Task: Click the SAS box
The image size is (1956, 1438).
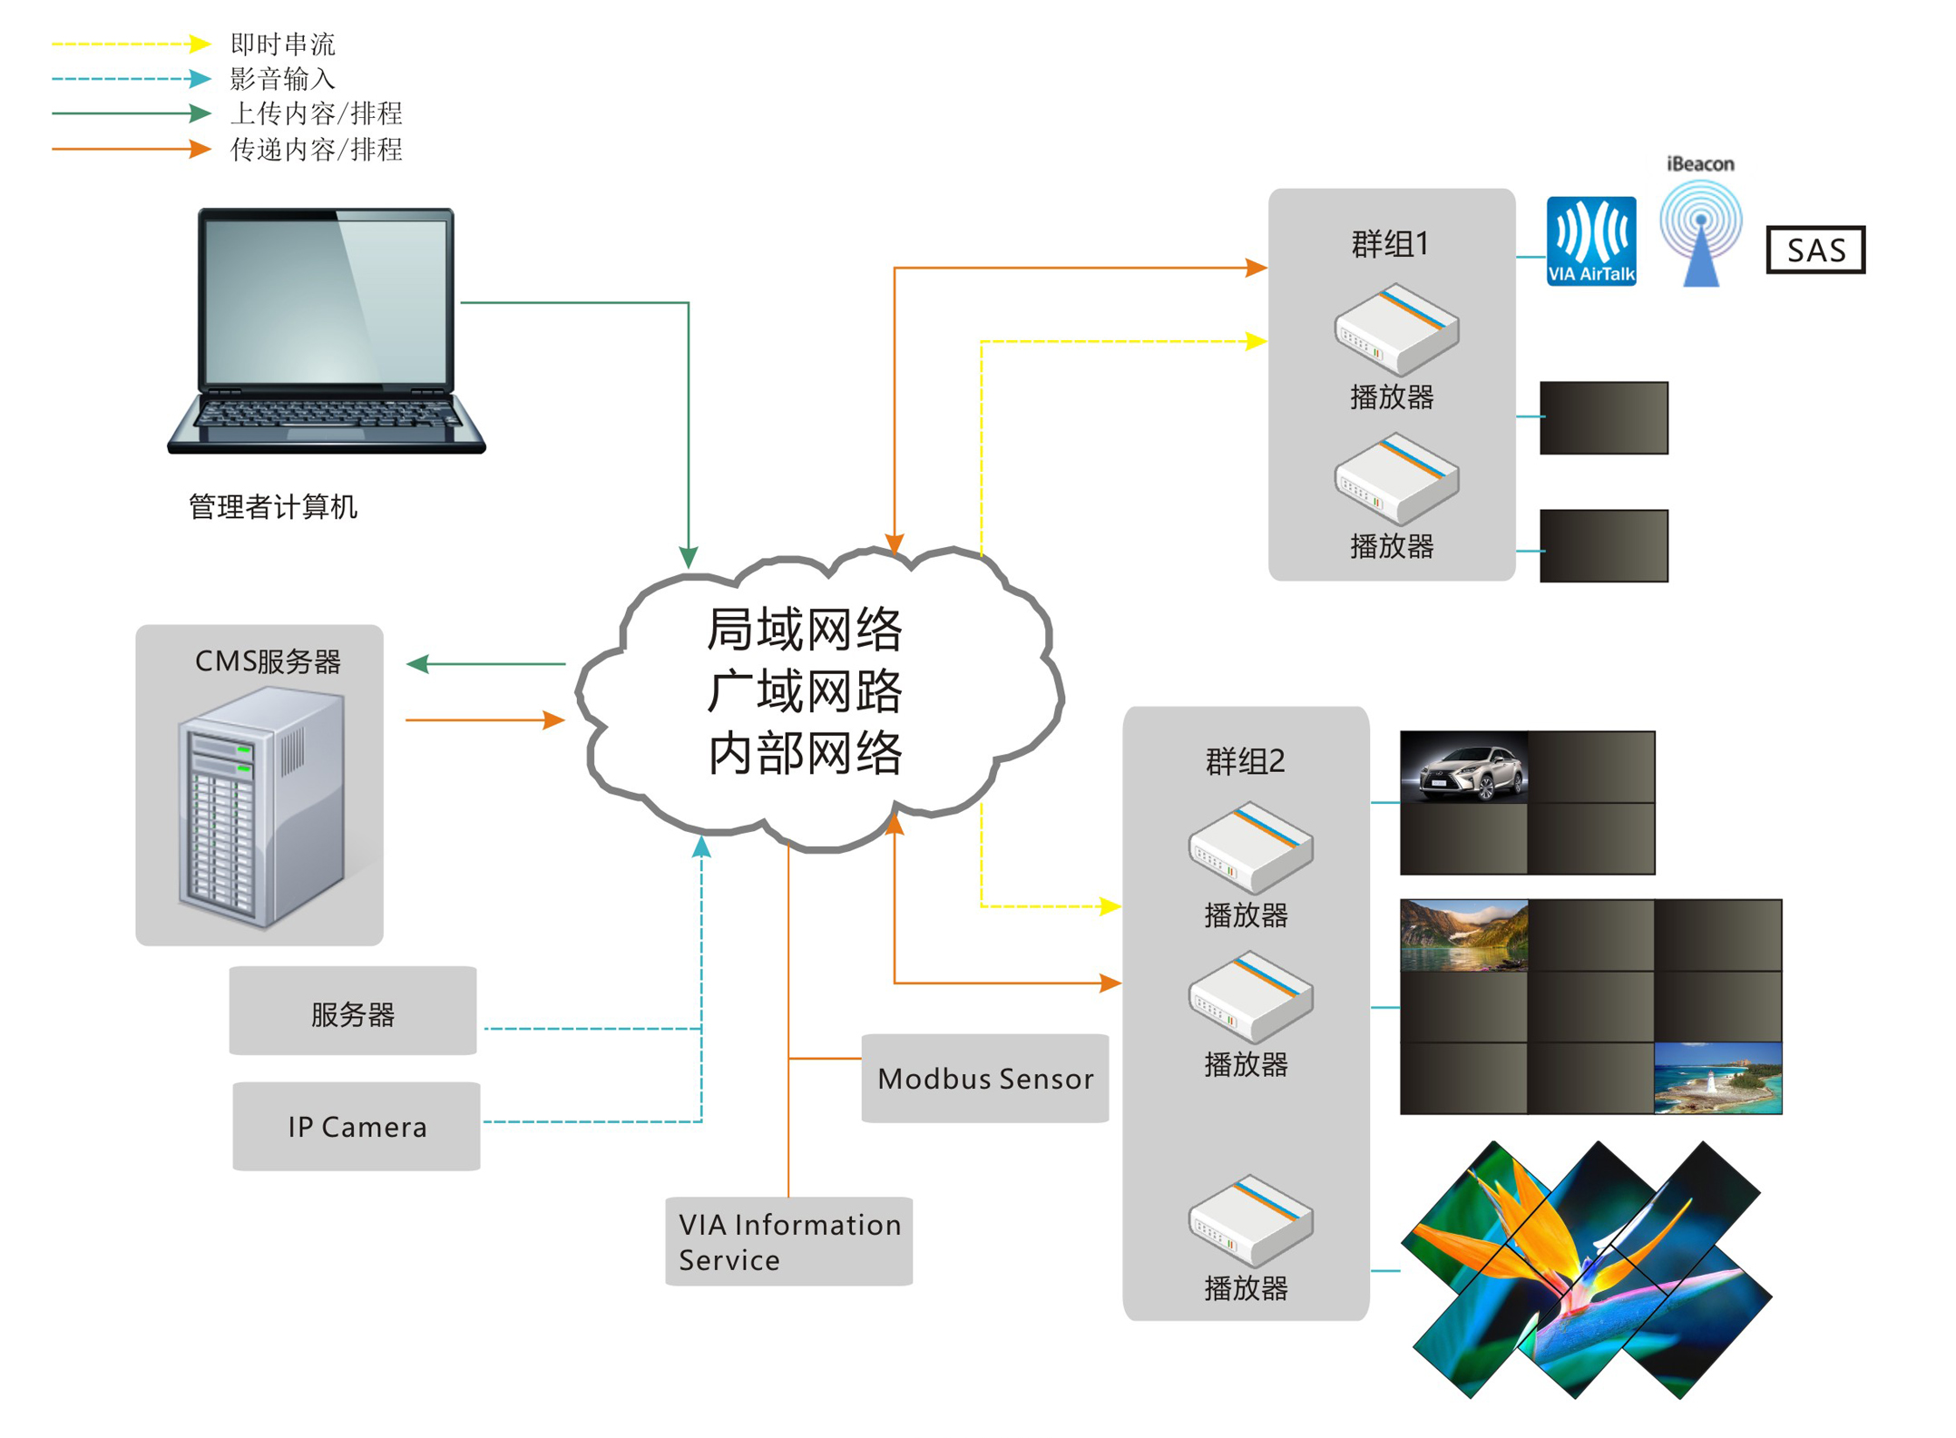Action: tap(1814, 249)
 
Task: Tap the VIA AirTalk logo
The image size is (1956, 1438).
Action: tap(1590, 240)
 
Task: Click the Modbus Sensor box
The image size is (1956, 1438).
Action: tap(984, 1078)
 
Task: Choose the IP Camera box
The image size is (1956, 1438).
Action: tap(357, 1126)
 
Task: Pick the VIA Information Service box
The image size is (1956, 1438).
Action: tap(788, 1240)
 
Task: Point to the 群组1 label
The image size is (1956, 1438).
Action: tap(1390, 243)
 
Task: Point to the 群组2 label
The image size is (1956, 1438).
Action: tap(1245, 760)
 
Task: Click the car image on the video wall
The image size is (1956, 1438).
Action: tap(1463, 768)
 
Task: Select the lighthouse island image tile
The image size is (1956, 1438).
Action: tap(1717, 1078)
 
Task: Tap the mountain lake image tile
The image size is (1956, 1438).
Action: tap(1463, 934)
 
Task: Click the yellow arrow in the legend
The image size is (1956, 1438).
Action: tap(132, 44)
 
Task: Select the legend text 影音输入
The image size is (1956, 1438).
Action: tap(282, 79)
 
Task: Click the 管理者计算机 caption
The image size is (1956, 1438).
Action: tap(272, 506)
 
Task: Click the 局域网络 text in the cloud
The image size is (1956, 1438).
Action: tap(804, 629)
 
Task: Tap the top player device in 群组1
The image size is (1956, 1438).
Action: tap(1395, 328)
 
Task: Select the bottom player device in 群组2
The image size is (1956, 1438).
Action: tap(1249, 1220)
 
